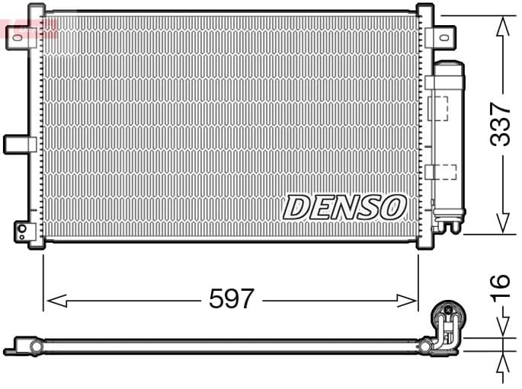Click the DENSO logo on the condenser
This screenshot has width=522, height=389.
click(x=344, y=206)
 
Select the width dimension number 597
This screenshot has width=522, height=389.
click(x=231, y=299)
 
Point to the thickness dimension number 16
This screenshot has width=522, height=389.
click(x=499, y=282)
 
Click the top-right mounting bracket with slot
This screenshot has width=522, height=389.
click(x=440, y=36)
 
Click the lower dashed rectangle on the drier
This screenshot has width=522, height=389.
click(x=441, y=171)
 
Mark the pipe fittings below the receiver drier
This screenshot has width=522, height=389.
click(x=446, y=222)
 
